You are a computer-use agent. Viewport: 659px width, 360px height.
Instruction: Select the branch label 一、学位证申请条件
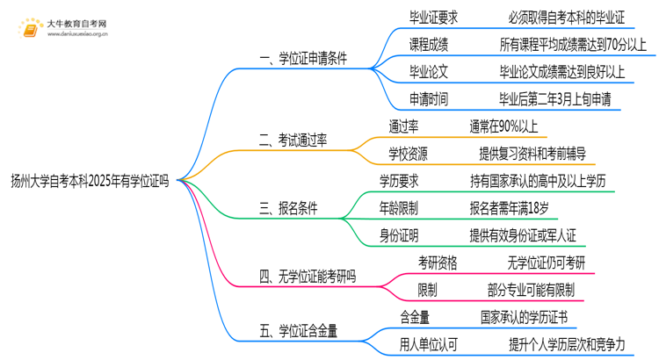[302, 59]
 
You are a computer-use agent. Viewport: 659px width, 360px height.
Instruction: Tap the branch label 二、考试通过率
[293, 140]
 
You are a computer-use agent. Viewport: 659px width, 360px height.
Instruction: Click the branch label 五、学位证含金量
[298, 332]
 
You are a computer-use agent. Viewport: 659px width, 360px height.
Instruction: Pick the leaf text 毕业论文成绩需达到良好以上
[563, 70]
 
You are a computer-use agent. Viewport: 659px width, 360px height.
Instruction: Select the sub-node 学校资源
[409, 154]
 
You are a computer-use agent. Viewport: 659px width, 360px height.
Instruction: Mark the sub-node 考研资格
[438, 263]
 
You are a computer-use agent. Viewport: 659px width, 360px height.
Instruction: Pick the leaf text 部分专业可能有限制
[530, 290]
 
